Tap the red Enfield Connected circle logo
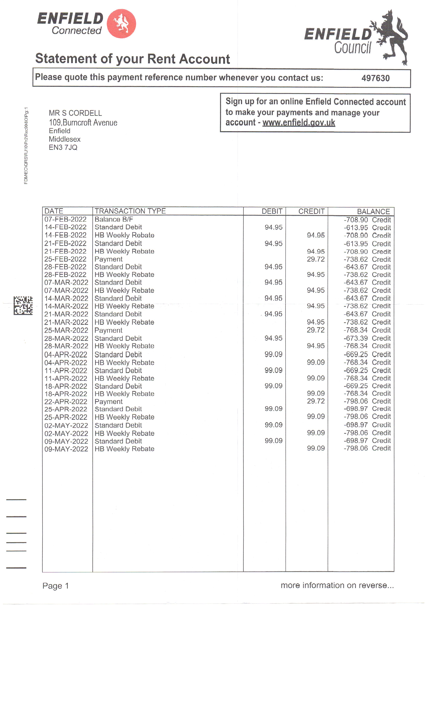pyautogui.click(x=121, y=24)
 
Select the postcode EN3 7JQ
pyautogui.click(x=63, y=148)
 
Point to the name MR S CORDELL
pyautogui.click(x=75, y=113)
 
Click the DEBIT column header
pyautogui.click(x=272, y=211)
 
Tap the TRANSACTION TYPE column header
pyautogui.click(x=130, y=211)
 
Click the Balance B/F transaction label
pyautogui.click(x=113, y=219)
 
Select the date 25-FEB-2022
pyautogui.click(x=65, y=259)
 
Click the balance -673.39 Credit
pyautogui.click(x=367, y=338)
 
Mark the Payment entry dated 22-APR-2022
pyautogui.click(x=109, y=402)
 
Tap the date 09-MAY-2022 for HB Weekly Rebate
pyautogui.click(x=66, y=449)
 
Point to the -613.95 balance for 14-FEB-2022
pyautogui.click(x=367, y=228)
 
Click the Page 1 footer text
pyautogui.click(x=55, y=586)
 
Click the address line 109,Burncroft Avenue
pyautogui.click(x=83, y=123)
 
